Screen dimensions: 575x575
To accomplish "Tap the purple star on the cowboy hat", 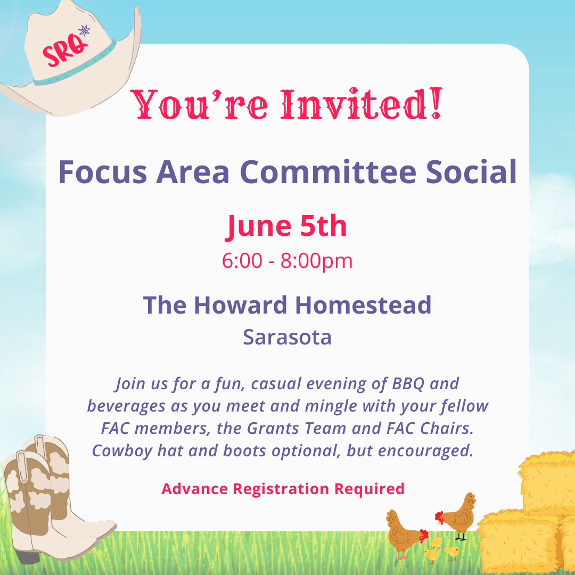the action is tap(84, 30).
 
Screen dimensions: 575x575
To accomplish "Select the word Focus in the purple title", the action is tap(103, 172).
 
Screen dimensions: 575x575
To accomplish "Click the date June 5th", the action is tap(286, 226).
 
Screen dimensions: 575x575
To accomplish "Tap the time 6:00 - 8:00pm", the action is tap(287, 261).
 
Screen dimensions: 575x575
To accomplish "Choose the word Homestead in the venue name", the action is tap(363, 305).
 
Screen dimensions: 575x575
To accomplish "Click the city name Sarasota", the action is tap(287, 337).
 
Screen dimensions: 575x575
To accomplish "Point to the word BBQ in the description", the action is tap(408, 384).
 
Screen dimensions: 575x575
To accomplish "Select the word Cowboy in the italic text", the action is tap(122, 451).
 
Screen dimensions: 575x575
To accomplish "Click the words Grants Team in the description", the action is tap(297, 428).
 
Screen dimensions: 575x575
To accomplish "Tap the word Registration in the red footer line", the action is tap(281, 489).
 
